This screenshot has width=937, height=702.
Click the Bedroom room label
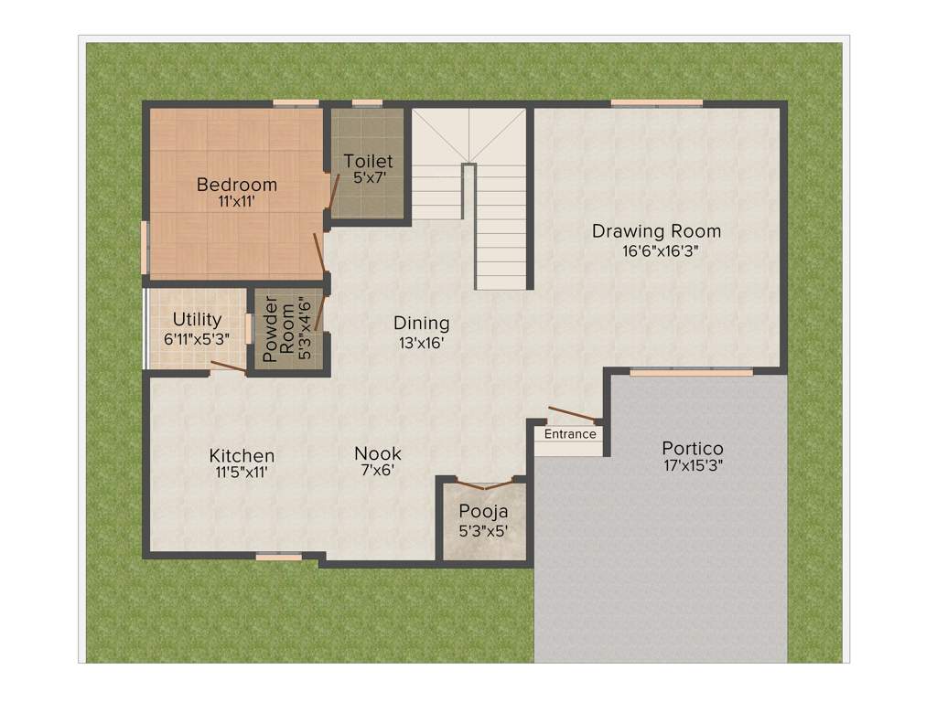237,185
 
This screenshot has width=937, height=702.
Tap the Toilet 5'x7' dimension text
368,178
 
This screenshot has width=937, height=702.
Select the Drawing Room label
656,230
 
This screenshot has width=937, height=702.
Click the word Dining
422,323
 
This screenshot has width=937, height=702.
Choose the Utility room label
198,320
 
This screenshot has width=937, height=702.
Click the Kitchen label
242,455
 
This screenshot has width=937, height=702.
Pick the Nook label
378,453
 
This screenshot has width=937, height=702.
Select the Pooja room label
484,511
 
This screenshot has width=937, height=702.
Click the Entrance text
570,434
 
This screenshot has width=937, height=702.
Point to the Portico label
693,449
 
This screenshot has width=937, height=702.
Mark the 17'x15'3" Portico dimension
693,467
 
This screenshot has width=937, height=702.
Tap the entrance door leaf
571,413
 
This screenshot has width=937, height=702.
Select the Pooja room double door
484,485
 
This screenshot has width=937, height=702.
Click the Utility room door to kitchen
227,367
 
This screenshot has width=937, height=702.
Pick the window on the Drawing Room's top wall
657,102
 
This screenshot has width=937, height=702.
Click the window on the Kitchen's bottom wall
278,556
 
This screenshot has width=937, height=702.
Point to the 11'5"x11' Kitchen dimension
242,473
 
